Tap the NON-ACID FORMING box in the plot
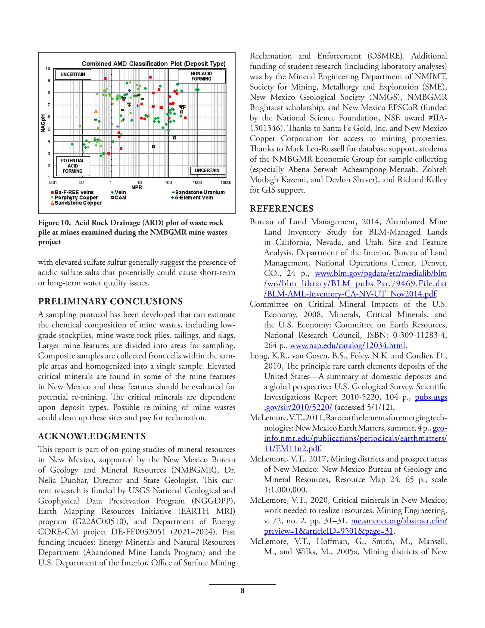[201, 76]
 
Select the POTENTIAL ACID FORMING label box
[73, 166]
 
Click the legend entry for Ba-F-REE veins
[72, 192]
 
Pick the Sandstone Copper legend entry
[76, 203]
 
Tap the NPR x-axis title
[137, 187]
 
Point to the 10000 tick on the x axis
[226, 182]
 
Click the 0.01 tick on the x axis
[53, 182]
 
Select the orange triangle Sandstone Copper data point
[96, 112]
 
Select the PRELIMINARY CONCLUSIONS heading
[110, 301]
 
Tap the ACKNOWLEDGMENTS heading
[92, 436]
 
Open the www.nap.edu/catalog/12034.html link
[347, 345]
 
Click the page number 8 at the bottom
[242, 590]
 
